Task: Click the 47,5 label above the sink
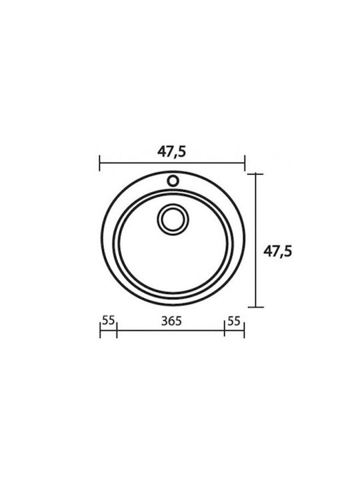click(171, 152)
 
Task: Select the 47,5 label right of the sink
click(277, 251)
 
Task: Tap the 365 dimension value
click(171, 321)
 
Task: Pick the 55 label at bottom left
click(109, 320)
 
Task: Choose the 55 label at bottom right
click(234, 321)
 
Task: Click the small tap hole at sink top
click(173, 181)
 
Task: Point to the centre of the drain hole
click(173, 219)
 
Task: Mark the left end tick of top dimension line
click(100, 163)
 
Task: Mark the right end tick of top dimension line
click(245, 163)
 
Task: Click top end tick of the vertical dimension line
click(255, 174)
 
